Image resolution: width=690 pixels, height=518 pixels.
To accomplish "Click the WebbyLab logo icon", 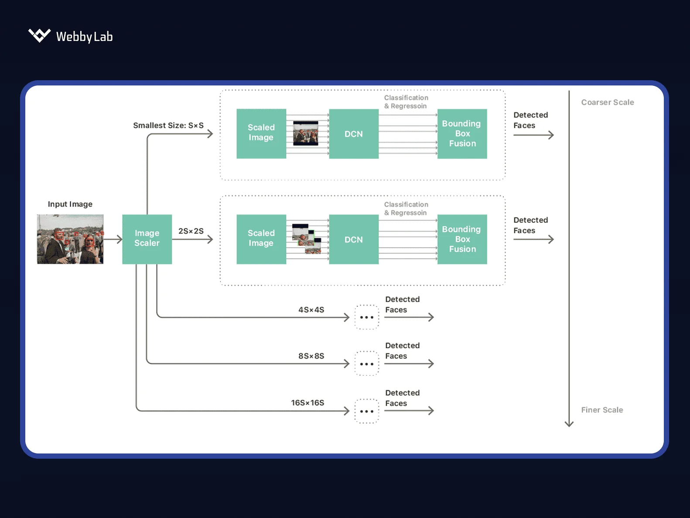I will click(39, 35).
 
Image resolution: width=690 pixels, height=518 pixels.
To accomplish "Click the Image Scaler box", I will click(147, 239).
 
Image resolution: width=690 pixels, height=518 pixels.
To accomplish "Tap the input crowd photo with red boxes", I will click(70, 239).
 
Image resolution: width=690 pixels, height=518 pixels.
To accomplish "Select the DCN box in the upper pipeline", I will click(354, 134).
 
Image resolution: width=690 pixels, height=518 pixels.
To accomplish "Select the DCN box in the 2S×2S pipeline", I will click(354, 239).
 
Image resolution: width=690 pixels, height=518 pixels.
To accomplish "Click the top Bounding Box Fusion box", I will click(462, 134).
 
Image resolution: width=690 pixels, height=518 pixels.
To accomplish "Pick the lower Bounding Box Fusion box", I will click(462, 239).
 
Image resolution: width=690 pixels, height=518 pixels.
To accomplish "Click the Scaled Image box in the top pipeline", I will click(261, 133).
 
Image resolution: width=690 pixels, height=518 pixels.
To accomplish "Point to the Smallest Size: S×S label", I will click(168, 126).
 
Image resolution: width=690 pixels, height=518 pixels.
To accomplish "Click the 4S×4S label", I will click(311, 310).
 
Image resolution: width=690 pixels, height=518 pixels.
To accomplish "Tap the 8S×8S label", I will click(311, 356).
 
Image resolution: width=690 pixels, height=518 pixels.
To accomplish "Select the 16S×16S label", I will click(307, 403).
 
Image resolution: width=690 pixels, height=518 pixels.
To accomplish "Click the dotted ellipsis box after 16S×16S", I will click(367, 411).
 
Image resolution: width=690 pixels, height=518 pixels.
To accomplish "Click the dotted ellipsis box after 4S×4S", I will click(367, 317).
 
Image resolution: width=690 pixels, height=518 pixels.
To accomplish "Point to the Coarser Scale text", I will click(607, 102).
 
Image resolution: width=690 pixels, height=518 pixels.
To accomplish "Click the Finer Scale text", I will click(602, 410).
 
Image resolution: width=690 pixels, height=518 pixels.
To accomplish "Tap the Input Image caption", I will click(70, 204).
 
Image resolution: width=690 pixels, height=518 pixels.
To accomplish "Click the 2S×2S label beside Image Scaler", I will click(191, 231).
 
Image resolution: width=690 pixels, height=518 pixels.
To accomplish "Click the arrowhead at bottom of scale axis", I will click(569, 424).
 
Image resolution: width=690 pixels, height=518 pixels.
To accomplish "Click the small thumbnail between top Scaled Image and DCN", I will click(306, 133).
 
